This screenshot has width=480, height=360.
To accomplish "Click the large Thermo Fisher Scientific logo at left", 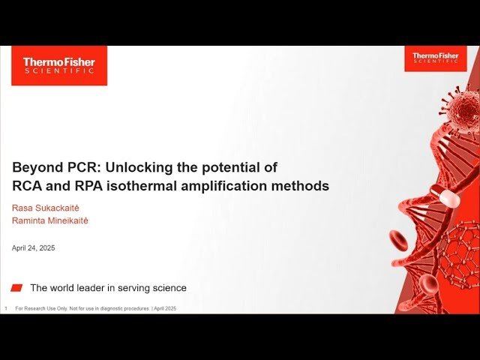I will tap(59, 65).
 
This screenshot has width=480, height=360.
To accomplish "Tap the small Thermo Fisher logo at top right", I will tap(435, 58).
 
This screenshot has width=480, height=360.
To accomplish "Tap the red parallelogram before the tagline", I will tap(17, 288).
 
